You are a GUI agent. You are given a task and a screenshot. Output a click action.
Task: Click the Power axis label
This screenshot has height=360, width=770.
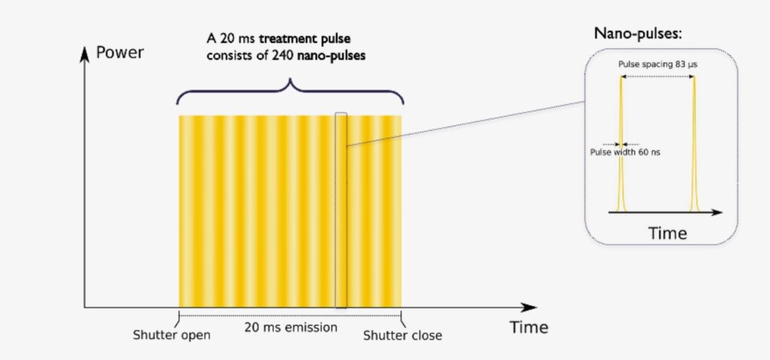coord(120,52)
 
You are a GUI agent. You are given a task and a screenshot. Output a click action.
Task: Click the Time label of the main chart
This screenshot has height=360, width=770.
coord(529,327)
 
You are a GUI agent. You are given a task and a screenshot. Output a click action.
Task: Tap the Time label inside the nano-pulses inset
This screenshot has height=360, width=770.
coord(668,233)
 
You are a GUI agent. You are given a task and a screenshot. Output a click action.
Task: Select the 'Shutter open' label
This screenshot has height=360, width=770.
coord(171,335)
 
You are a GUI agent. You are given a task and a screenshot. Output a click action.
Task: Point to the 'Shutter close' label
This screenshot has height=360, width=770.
coord(402,335)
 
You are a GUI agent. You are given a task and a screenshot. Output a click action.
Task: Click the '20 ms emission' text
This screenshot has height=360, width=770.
coord(291,327)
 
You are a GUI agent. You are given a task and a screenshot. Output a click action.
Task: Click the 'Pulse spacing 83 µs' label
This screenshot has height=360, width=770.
coord(658,65)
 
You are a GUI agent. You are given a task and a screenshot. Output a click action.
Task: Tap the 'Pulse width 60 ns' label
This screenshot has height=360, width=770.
coord(625,153)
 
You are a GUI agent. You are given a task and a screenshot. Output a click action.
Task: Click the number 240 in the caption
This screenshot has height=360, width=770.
coord(281,56)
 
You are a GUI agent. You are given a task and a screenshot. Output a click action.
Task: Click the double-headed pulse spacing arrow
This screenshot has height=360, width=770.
coord(657,76)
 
